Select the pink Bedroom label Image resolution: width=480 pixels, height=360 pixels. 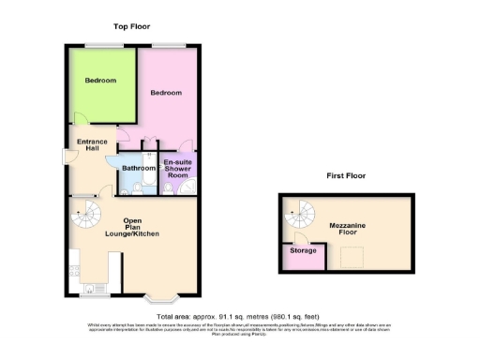coord(166,94)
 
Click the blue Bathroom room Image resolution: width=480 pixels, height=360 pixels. coord(139,168)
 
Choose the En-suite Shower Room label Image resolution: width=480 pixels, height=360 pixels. coord(177,168)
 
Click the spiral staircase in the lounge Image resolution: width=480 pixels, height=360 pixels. coord(85,223)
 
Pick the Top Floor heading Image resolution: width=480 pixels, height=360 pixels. coord(131,26)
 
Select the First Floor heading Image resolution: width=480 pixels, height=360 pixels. coord(346,175)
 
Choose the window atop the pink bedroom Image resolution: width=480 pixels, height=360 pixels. coord(169,46)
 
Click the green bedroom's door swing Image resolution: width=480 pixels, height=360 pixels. coord(82,123)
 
